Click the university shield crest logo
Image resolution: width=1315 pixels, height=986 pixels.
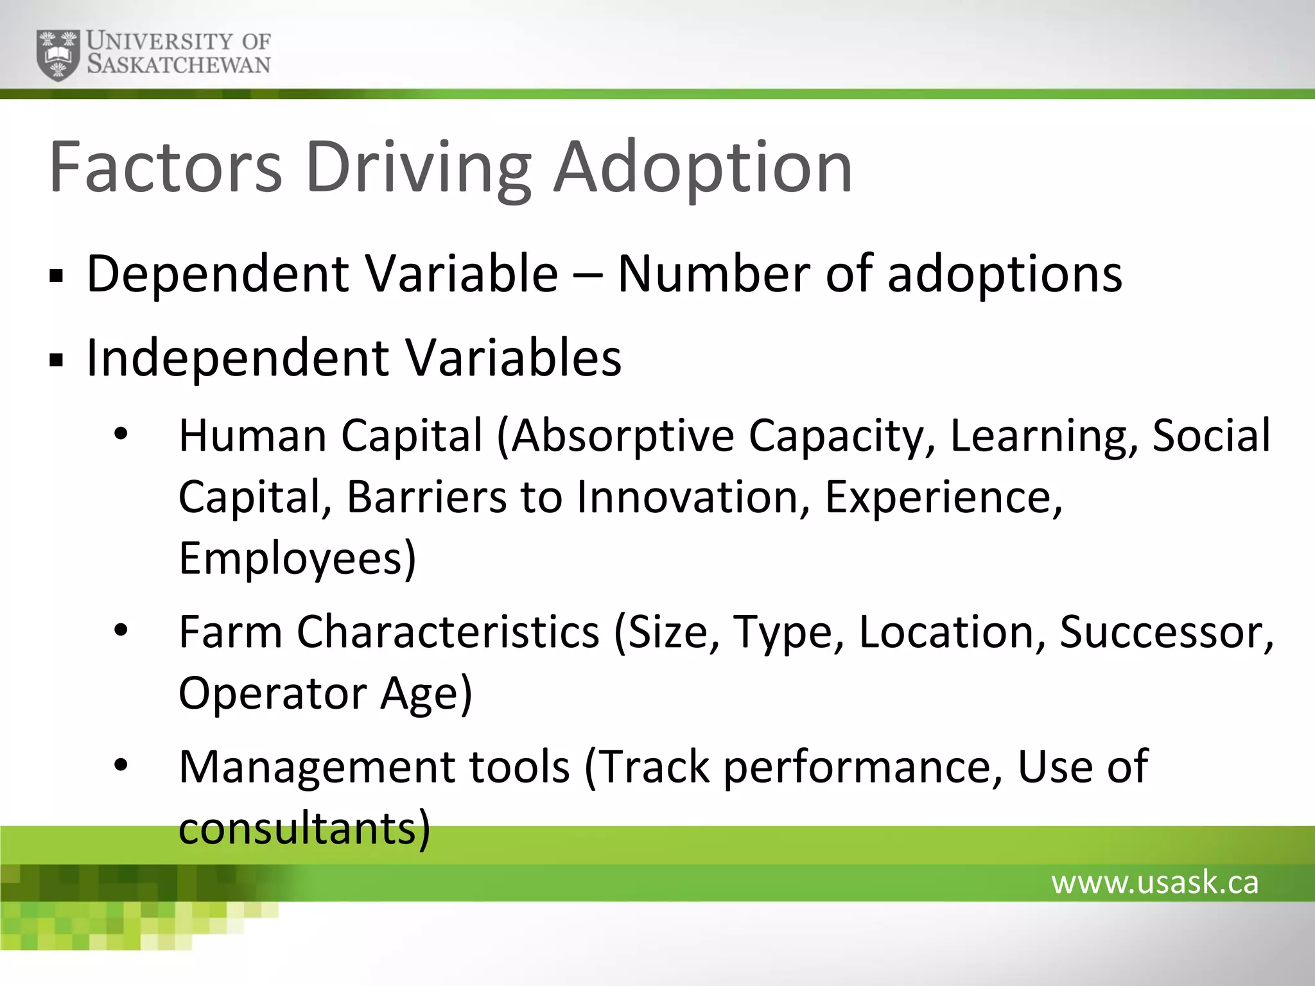pyautogui.click(x=58, y=55)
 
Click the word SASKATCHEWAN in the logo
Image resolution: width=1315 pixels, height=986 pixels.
pyautogui.click(x=179, y=65)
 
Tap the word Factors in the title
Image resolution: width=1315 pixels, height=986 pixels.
pyautogui.click(x=165, y=167)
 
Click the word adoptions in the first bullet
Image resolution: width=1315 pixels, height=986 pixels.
pyautogui.click(x=1005, y=274)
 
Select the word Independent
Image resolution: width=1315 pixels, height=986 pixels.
pyautogui.click(x=238, y=358)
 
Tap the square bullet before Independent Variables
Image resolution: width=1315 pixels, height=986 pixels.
pyautogui.click(x=57, y=360)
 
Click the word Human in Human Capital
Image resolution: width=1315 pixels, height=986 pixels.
pyautogui.click(x=252, y=436)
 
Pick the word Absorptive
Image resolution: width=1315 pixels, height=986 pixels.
pyautogui.click(x=622, y=436)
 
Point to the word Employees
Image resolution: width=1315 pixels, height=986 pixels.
pyautogui.click(x=297, y=558)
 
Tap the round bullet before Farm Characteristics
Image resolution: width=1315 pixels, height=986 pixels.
pyautogui.click(x=121, y=631)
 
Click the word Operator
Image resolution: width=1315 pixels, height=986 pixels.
pyautogui.click(x=272, y=693)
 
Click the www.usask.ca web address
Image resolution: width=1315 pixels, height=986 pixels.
pyautogui.click(x=1154, y=882)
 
